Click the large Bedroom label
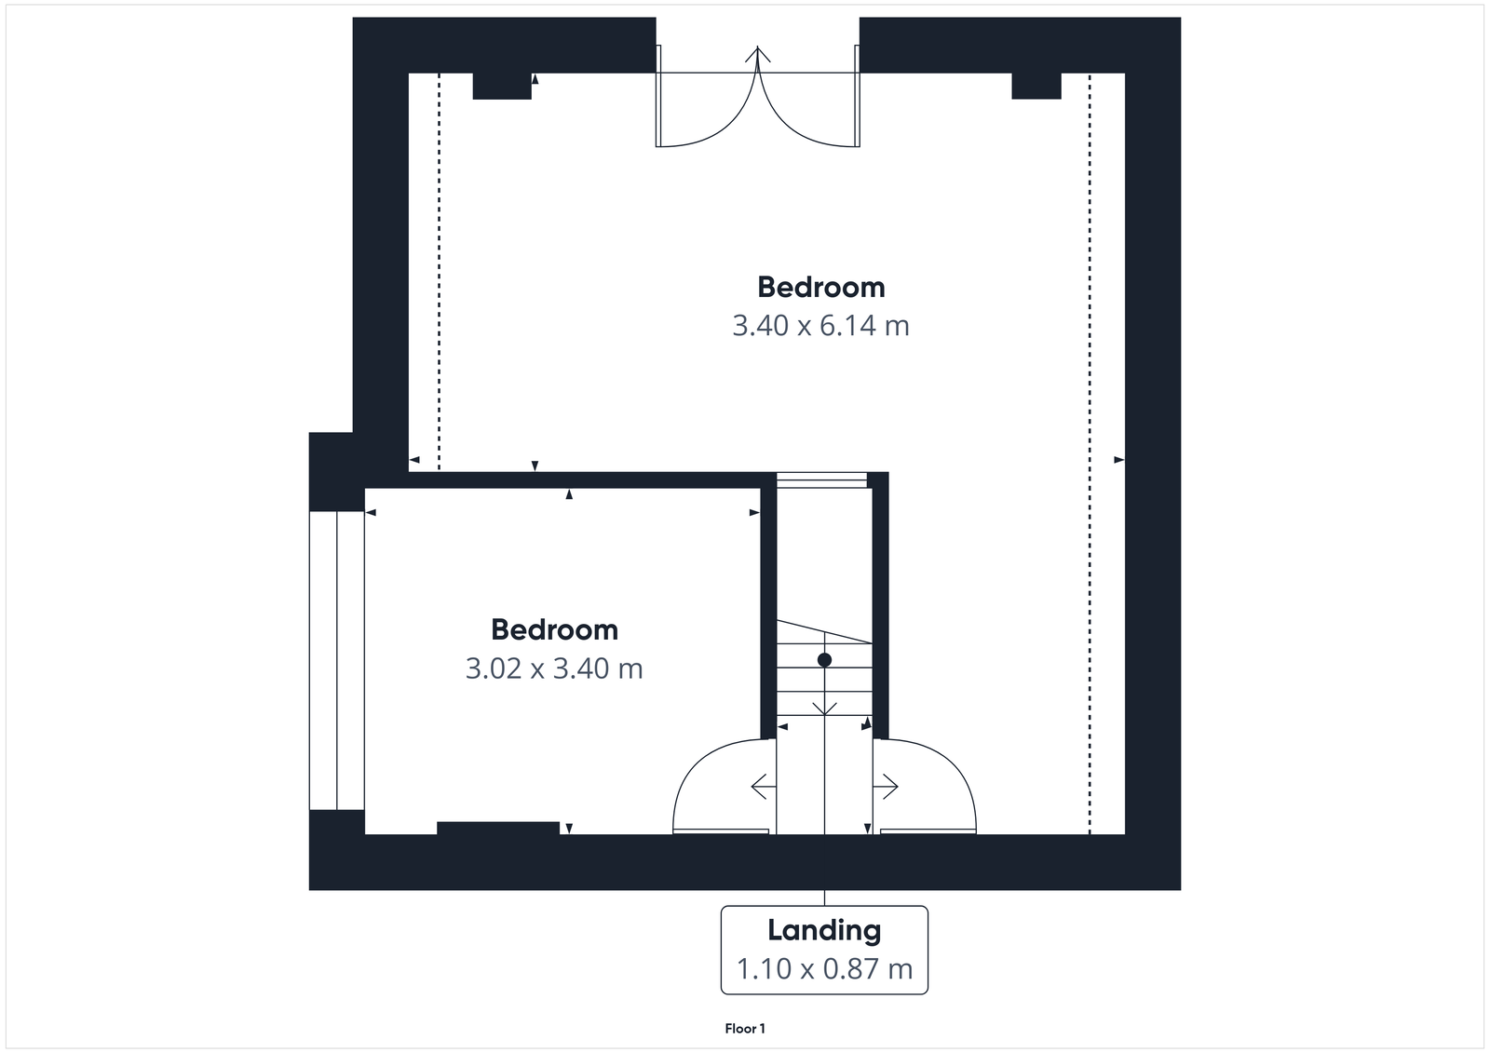coord(820,287)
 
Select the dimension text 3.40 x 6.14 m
coord(820,326)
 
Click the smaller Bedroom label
coord(554,630)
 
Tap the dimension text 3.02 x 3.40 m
coord(554,668)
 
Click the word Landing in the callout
coord(824,930)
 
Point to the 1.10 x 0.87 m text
coord(824,969)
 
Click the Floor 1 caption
coord(745,1029)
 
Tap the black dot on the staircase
coord(824,660)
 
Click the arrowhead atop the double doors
coord(759,54)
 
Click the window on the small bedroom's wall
coord(336,660)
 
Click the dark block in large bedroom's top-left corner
coord(502,86)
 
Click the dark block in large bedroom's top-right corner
coord(1036,86)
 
